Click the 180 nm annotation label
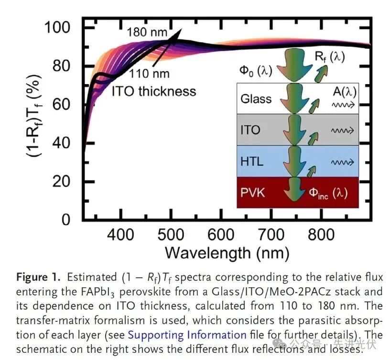point(147,33)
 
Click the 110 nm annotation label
point(149,74)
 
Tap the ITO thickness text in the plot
point(154,91)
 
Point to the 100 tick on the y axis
point(58,27)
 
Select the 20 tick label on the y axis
point(62,181)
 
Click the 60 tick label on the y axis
point(62,104)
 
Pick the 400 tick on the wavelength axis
point(121,234)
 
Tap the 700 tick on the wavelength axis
point(270,234)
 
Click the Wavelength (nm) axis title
point(227,252)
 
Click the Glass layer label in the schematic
point(256,99)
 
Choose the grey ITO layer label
point(250,130)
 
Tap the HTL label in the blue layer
point(252,161)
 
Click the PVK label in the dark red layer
point(253,192)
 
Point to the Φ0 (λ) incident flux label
point(256,71)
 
